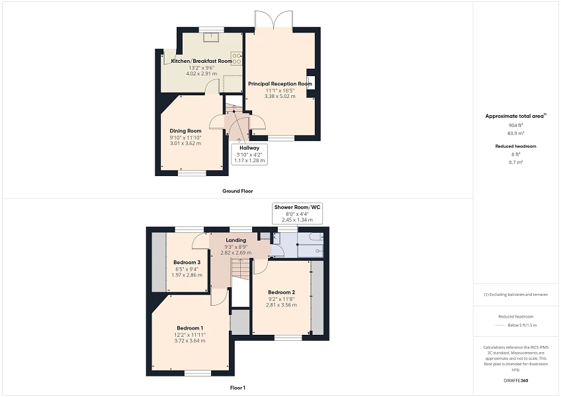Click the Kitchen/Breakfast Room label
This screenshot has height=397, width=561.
coord(202,61)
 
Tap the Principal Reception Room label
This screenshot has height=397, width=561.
coord(280,84)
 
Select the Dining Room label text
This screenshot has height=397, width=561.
coord(185,131)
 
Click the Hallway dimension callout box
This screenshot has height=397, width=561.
coord(249,154)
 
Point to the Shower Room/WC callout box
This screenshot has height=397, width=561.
coord(297,214)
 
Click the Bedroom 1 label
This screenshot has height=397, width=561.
coord(190,328)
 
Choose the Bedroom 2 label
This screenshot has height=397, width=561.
coord(281,292)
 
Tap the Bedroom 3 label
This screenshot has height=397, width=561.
coord(187,262)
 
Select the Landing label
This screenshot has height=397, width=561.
coord(236,240)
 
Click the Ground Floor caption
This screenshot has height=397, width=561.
coord(237,191)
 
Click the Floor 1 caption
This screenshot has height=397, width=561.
coord(237,388)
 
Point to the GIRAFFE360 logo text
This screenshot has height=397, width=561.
coord(517,381)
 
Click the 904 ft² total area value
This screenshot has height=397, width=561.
coord(515,125)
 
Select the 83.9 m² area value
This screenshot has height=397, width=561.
coord(515,133)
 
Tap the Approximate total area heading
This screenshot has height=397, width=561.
coord(515,116)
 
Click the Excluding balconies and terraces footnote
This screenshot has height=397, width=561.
coord(517,294)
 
